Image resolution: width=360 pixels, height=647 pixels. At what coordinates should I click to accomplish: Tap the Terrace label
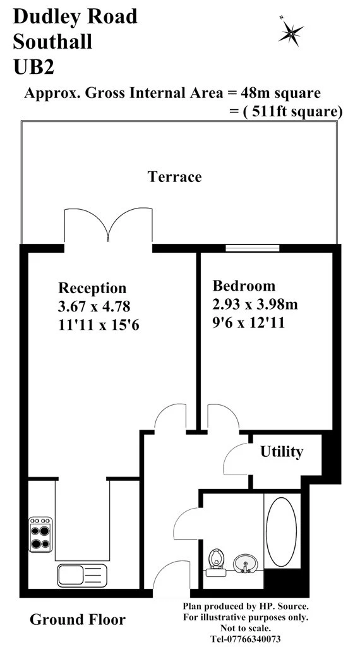tap(174, 176)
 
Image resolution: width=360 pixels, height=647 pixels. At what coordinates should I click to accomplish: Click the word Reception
tap(92, 288)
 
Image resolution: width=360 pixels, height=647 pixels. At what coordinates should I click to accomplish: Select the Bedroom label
tap(244, 285)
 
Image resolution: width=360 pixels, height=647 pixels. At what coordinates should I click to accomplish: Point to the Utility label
tap(282, 452)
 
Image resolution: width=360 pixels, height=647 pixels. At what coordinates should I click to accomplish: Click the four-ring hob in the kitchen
tap(40, 535)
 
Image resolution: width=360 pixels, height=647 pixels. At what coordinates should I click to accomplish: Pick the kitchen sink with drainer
tap(82, 574)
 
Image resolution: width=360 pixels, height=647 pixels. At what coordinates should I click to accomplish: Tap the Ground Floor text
tap(77, 620)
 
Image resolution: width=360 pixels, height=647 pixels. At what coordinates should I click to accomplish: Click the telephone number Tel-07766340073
tap(245, 639)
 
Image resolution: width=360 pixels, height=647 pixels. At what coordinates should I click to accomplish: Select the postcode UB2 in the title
tap(32, 66)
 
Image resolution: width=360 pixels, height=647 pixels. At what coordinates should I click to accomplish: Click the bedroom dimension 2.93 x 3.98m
tap(255, 304)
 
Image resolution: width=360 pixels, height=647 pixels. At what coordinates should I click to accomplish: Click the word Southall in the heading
tap(52, 42)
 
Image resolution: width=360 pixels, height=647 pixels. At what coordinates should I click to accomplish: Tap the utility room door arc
tap(237, 456)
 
